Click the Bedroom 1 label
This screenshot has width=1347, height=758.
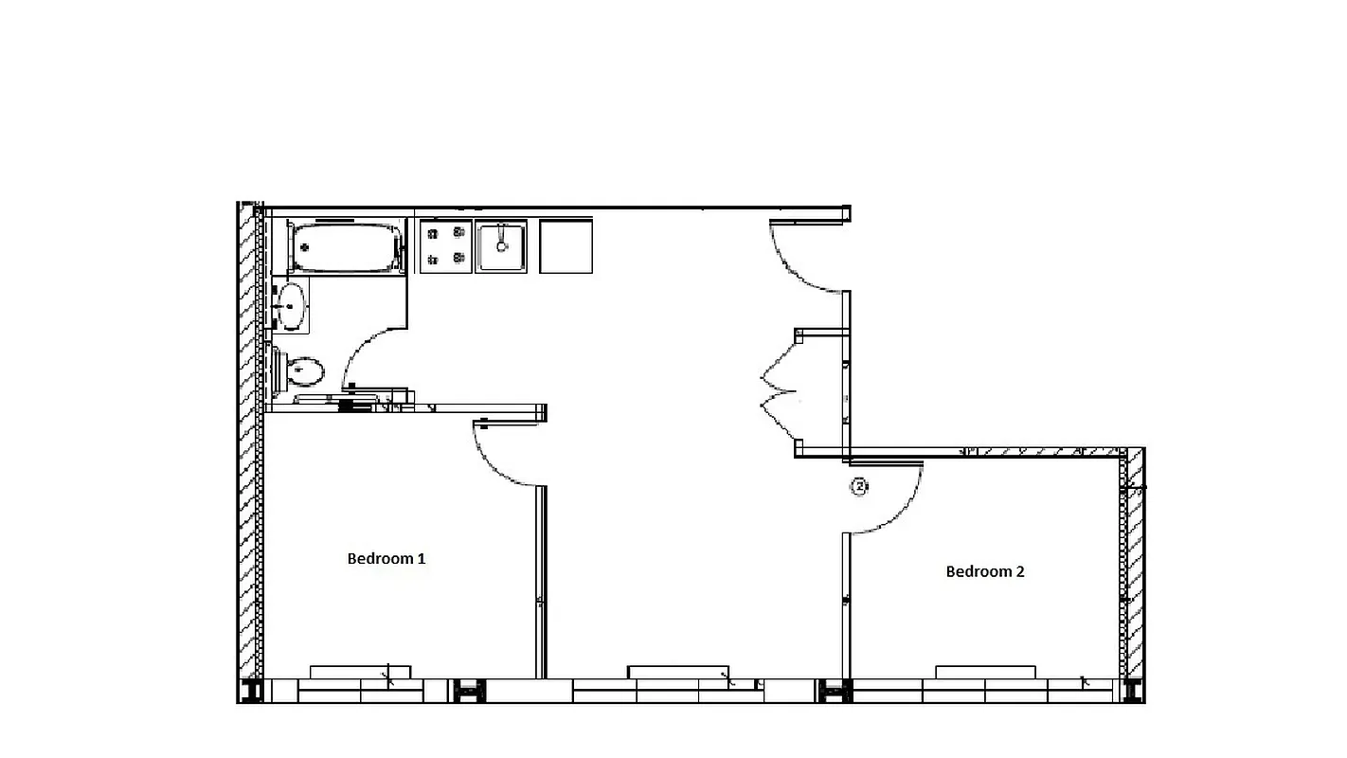(x=386, y=559)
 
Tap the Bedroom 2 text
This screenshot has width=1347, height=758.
(x=985, y=571)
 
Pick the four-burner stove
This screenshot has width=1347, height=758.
(x=446, y=246)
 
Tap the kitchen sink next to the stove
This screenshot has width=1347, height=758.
(x=501, y=246)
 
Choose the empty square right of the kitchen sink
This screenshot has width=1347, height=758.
(x=566, y=246)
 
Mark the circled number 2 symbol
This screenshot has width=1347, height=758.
(x=859, y=487)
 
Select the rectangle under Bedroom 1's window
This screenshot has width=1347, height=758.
(x=361, y=672)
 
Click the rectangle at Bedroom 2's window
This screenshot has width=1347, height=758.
(x=985, y=672)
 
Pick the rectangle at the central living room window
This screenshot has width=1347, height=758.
(x=678, y=672)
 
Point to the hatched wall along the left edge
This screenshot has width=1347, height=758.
(x=249, y=445)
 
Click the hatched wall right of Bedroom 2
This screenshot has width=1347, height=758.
(x=1134, y=568)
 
